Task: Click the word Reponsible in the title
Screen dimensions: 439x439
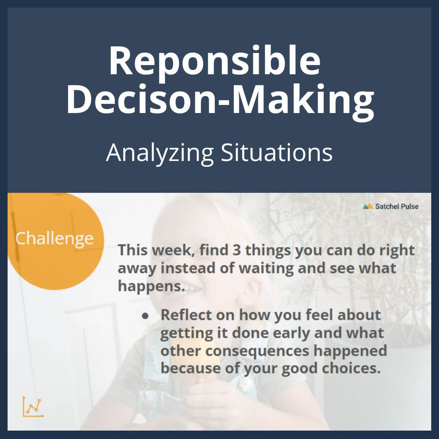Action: point(215,61)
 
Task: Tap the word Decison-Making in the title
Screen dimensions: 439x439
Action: point(220,99)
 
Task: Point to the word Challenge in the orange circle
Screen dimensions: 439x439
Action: point(54,239)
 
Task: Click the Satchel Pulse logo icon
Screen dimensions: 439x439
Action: point(368,206)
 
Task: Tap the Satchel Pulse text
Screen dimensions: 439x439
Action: point(397,206)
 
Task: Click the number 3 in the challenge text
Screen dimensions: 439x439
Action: point(236,250)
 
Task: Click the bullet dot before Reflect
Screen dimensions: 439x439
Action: point(146,315)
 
